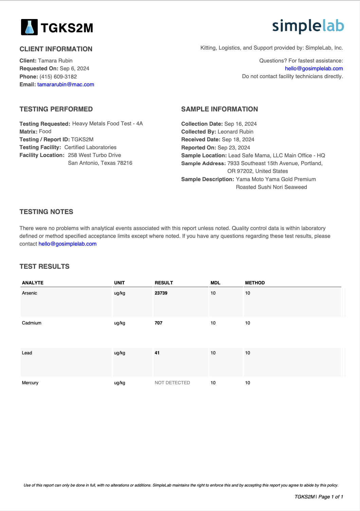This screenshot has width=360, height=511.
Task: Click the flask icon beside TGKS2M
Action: [29, 27]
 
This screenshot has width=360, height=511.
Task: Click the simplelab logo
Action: [308, 26]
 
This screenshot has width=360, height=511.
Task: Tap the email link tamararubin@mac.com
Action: [66, 85]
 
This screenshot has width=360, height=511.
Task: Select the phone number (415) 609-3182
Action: [58, 77]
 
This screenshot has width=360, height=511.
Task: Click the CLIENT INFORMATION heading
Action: [56, 49]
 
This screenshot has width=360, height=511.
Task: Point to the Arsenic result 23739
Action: [161, 293]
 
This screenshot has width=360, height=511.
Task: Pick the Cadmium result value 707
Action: [159, 323]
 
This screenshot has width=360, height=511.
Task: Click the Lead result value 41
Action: [157, 353]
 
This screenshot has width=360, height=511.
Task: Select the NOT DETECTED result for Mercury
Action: [172, 383]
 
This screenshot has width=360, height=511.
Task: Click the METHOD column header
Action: [255, 283]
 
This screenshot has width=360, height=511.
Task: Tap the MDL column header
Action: [215, 283]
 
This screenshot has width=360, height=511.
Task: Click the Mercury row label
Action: [30, 383]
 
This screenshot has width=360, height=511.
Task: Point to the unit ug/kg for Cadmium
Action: [120, 323]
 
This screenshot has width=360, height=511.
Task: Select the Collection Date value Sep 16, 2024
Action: [240, 124]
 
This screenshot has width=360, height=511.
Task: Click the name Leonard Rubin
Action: [235, 132]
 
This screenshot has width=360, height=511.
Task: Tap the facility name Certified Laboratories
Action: [90, 147]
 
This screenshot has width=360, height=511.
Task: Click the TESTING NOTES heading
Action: [47, 212]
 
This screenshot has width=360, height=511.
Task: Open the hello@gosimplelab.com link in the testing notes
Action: [68, 244]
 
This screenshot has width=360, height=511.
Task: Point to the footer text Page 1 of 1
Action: [331, 497]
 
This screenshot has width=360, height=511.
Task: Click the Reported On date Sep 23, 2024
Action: [234, 148]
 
